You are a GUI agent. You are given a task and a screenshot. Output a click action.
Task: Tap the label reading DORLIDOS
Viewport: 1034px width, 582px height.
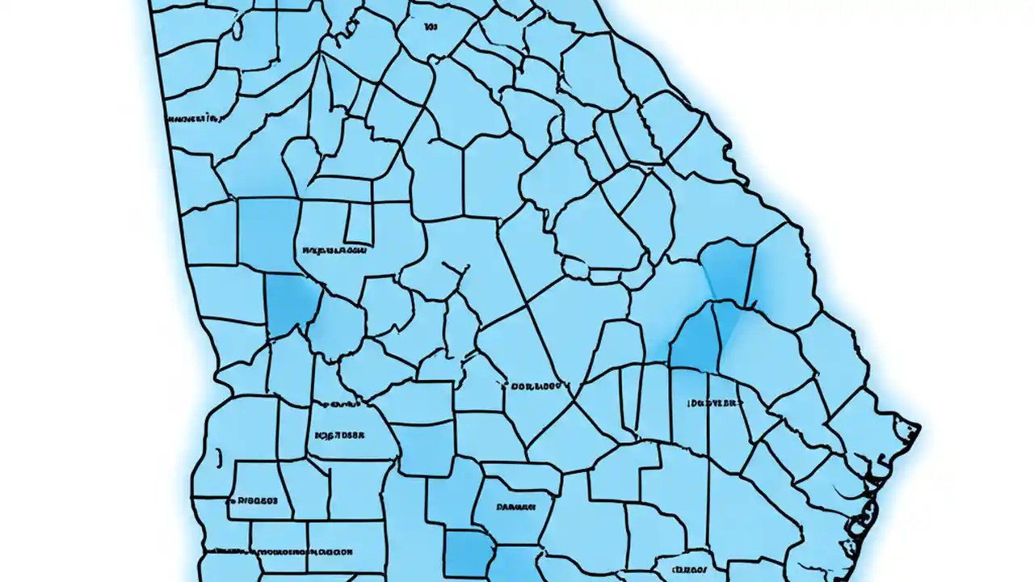(536, 386)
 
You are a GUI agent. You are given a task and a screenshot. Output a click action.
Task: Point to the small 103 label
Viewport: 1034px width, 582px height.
(431, 27)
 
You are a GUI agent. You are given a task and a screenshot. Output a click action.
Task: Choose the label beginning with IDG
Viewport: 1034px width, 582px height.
(714, 402)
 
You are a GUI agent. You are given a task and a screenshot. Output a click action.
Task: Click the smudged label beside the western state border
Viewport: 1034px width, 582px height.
(194, 119)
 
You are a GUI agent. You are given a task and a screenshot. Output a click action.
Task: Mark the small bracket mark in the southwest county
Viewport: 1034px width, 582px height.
(218, 458)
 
